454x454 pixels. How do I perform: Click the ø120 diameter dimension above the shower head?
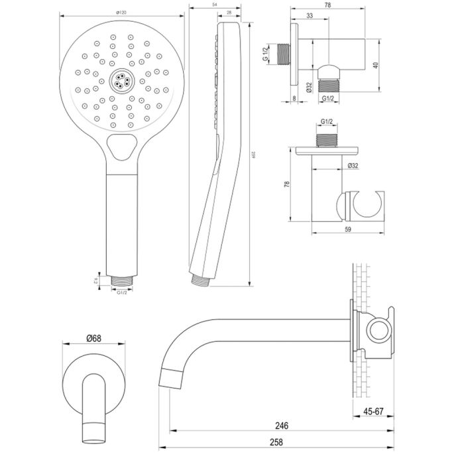click(x=121, y=12)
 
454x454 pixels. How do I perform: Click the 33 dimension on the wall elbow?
click(x=311, y=15)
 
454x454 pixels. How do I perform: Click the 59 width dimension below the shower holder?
click(x=348, y=229)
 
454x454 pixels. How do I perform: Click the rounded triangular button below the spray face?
click(x=121, y=146)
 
